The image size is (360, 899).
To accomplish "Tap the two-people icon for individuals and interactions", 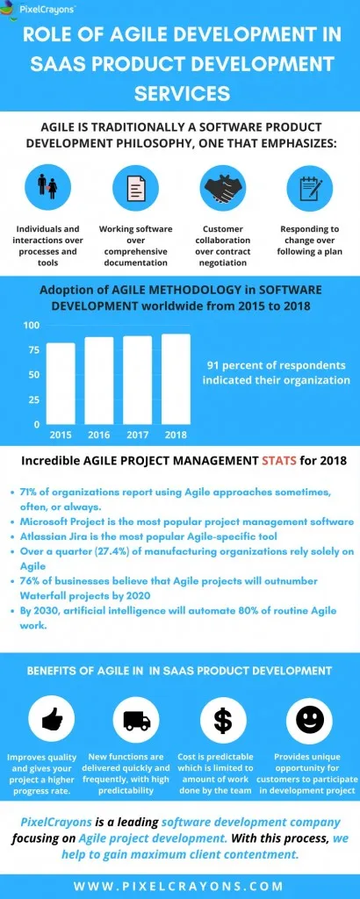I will pyautogui.click(x=47, y=187).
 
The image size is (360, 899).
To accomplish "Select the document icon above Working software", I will pyautogui.click(x=136, y=187).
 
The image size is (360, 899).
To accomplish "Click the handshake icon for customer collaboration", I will pyautogui.click(x=224, y=187).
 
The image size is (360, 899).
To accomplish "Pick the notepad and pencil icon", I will pyautogui.click(x=310, y=187).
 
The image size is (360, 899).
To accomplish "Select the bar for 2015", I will pyautogui.click(x=61, y=383).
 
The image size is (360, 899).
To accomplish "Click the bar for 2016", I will pyautogui.click(x=99, y=380).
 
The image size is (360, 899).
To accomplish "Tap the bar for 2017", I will pyautogui.click(x=137, y=379).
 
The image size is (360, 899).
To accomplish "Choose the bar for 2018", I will pyautogui.click(x=176, y=378).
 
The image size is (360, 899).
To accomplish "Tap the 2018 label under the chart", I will pyautogui.click(x=176, y=435).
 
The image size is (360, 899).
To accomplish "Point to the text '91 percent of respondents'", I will pyautogui.click(x=276, y=365).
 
